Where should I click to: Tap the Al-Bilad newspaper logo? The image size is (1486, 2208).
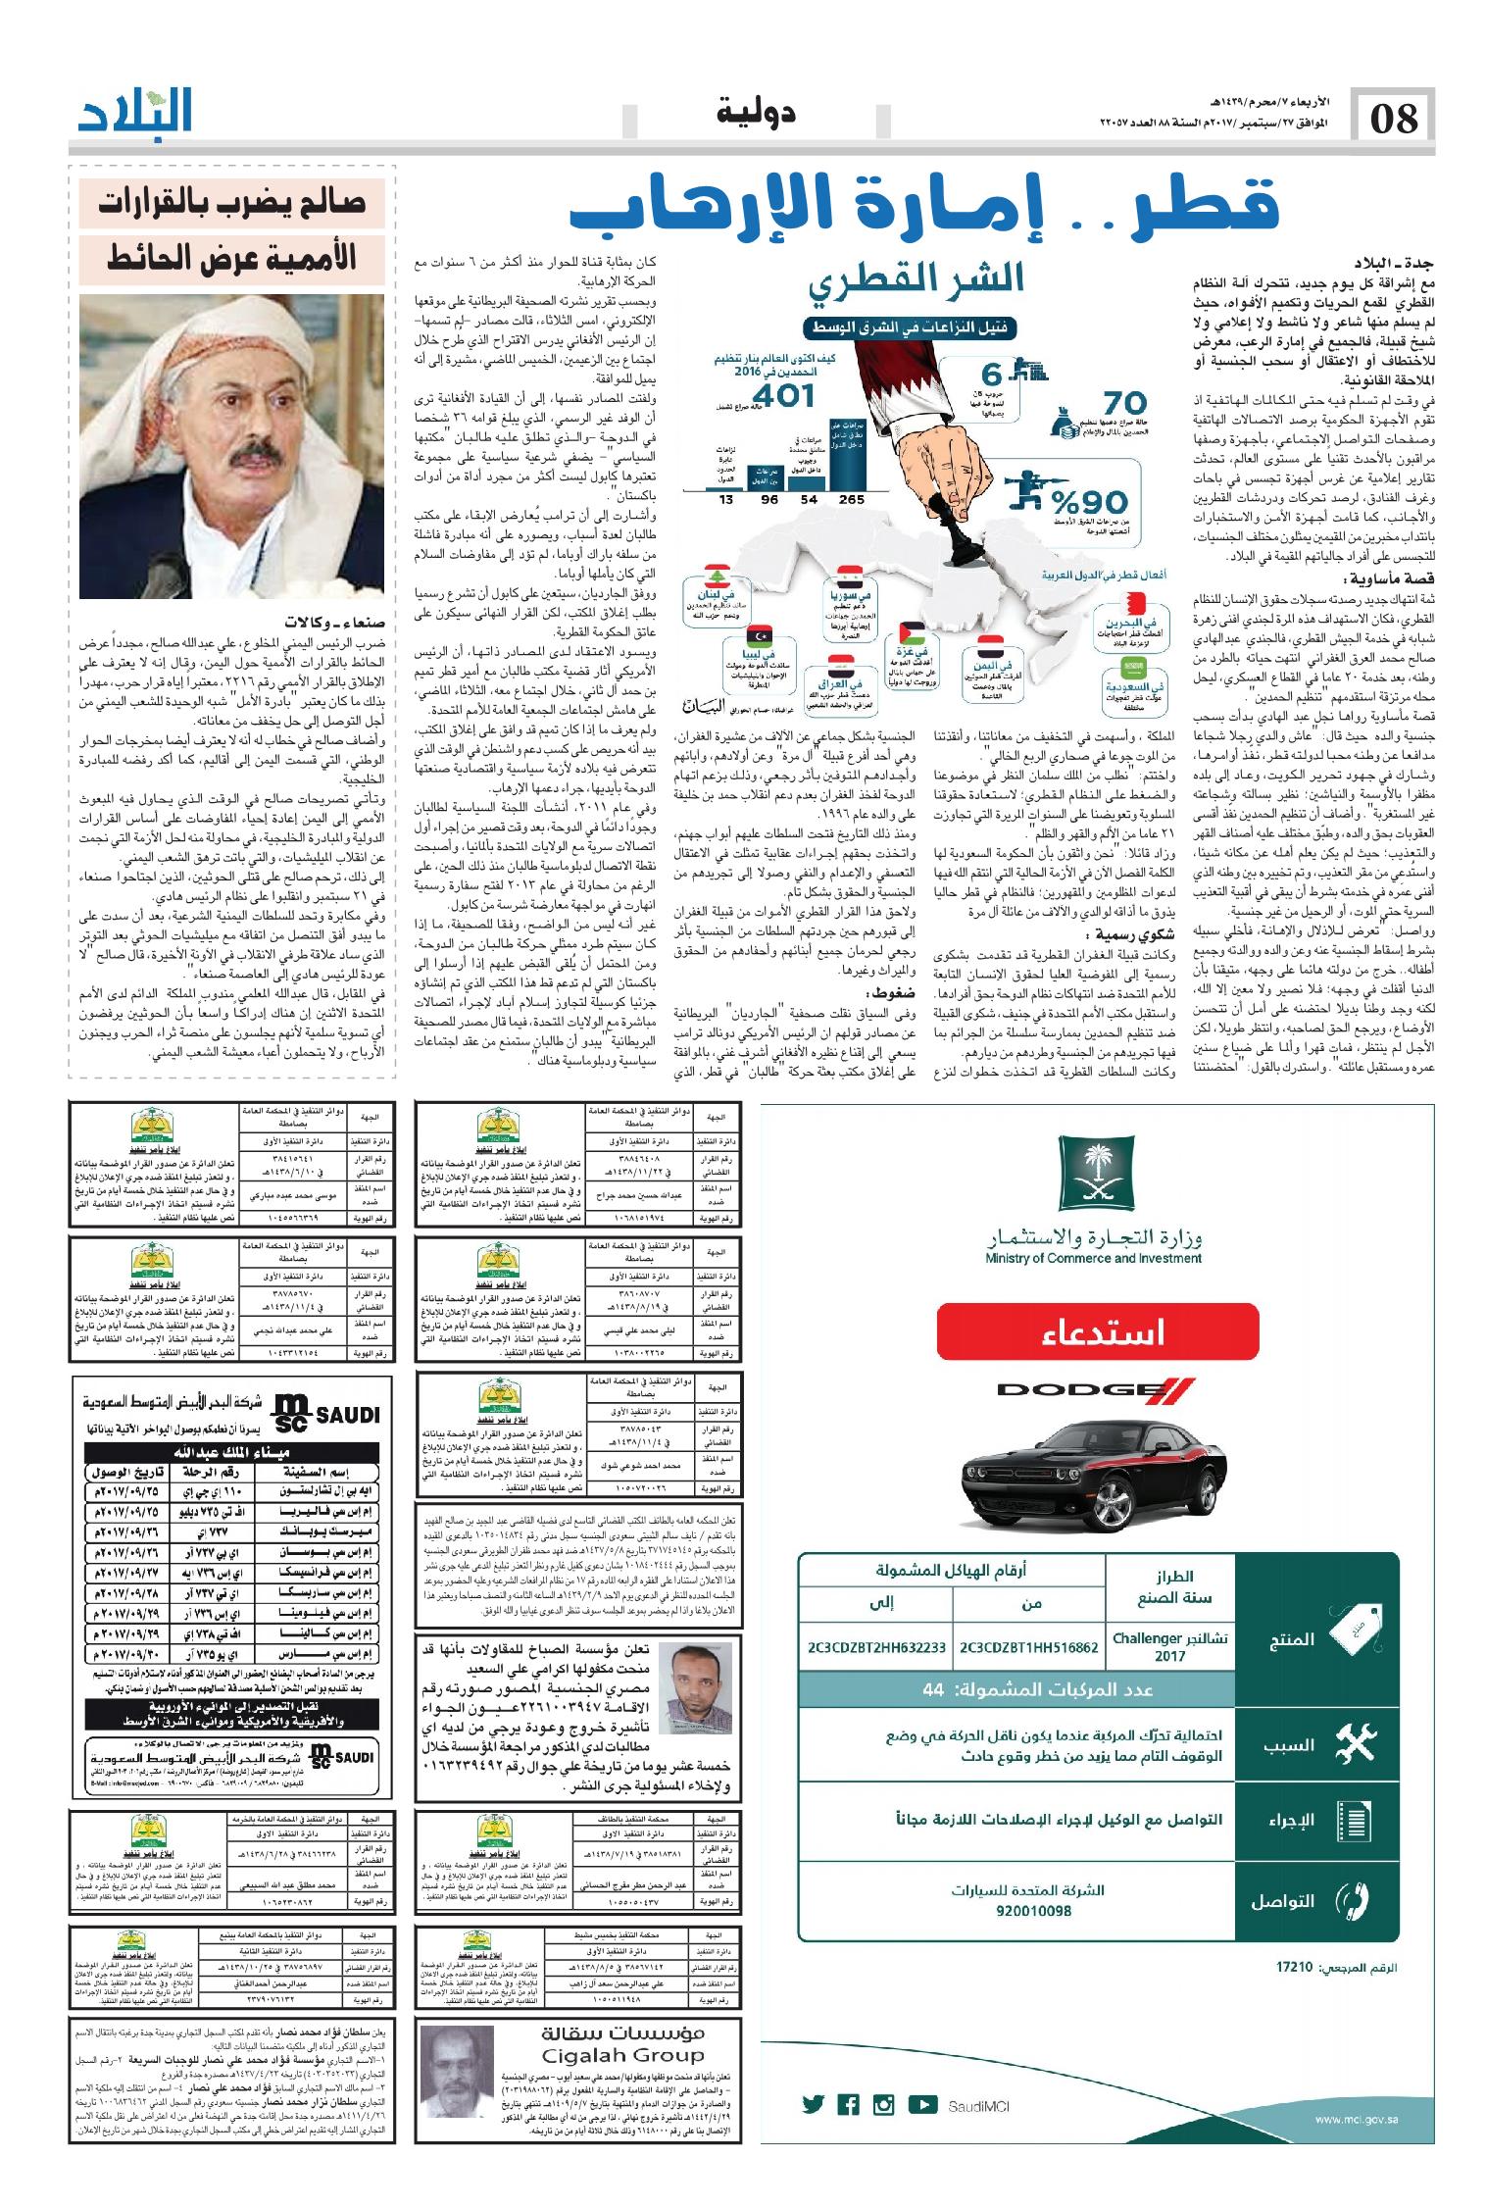coord(136,114)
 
